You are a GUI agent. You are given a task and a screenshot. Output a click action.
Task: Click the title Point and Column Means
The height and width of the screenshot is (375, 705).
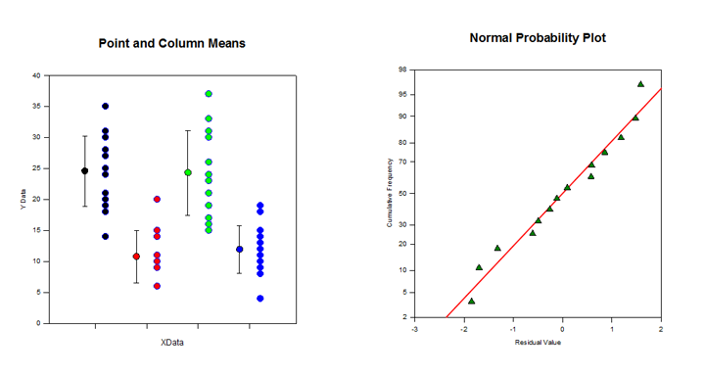pos(171,43)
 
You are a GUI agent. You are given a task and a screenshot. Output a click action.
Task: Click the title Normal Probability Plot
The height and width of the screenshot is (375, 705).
pos(538,38)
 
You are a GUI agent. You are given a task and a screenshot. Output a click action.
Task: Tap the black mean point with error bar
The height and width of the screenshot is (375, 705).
pos(85,170)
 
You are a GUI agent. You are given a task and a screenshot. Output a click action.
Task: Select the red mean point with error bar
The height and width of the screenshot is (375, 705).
pos(136,257)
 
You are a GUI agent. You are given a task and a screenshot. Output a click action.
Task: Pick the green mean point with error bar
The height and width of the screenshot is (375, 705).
pos(188,172)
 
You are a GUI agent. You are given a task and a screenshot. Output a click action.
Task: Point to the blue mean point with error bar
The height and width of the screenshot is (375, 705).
pos(239,249)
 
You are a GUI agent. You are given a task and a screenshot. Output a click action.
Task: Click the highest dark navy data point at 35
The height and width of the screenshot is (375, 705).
pos(106,106)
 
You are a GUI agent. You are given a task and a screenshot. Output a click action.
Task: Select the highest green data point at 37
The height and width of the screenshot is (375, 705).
pos(209,94)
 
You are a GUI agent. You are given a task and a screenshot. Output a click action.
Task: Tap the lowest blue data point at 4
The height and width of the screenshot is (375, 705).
pos(259,298)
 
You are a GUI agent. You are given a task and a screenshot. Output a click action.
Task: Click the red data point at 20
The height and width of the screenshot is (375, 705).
pos(157,199)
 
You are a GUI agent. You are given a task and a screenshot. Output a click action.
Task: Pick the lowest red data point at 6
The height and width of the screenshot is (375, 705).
pos(157,286)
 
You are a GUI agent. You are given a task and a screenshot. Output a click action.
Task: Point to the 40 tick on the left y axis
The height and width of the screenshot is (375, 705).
pos(35,75)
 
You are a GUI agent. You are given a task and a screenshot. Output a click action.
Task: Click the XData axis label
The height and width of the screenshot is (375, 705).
pos(172,343)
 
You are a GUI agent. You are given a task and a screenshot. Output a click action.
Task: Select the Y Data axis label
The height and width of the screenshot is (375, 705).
pos(22,199)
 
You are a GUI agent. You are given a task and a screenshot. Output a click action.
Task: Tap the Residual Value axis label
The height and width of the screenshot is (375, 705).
pos(538,342)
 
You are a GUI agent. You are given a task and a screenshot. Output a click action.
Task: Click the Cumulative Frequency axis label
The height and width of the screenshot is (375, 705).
pos(390,194)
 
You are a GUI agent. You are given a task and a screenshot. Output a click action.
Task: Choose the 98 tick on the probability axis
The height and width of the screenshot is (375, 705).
pos(402,70)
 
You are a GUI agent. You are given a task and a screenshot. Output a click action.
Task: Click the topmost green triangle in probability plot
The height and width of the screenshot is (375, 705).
pos(640,84)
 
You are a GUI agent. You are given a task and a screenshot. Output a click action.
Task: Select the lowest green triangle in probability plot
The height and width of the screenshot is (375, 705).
pos(471,301)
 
